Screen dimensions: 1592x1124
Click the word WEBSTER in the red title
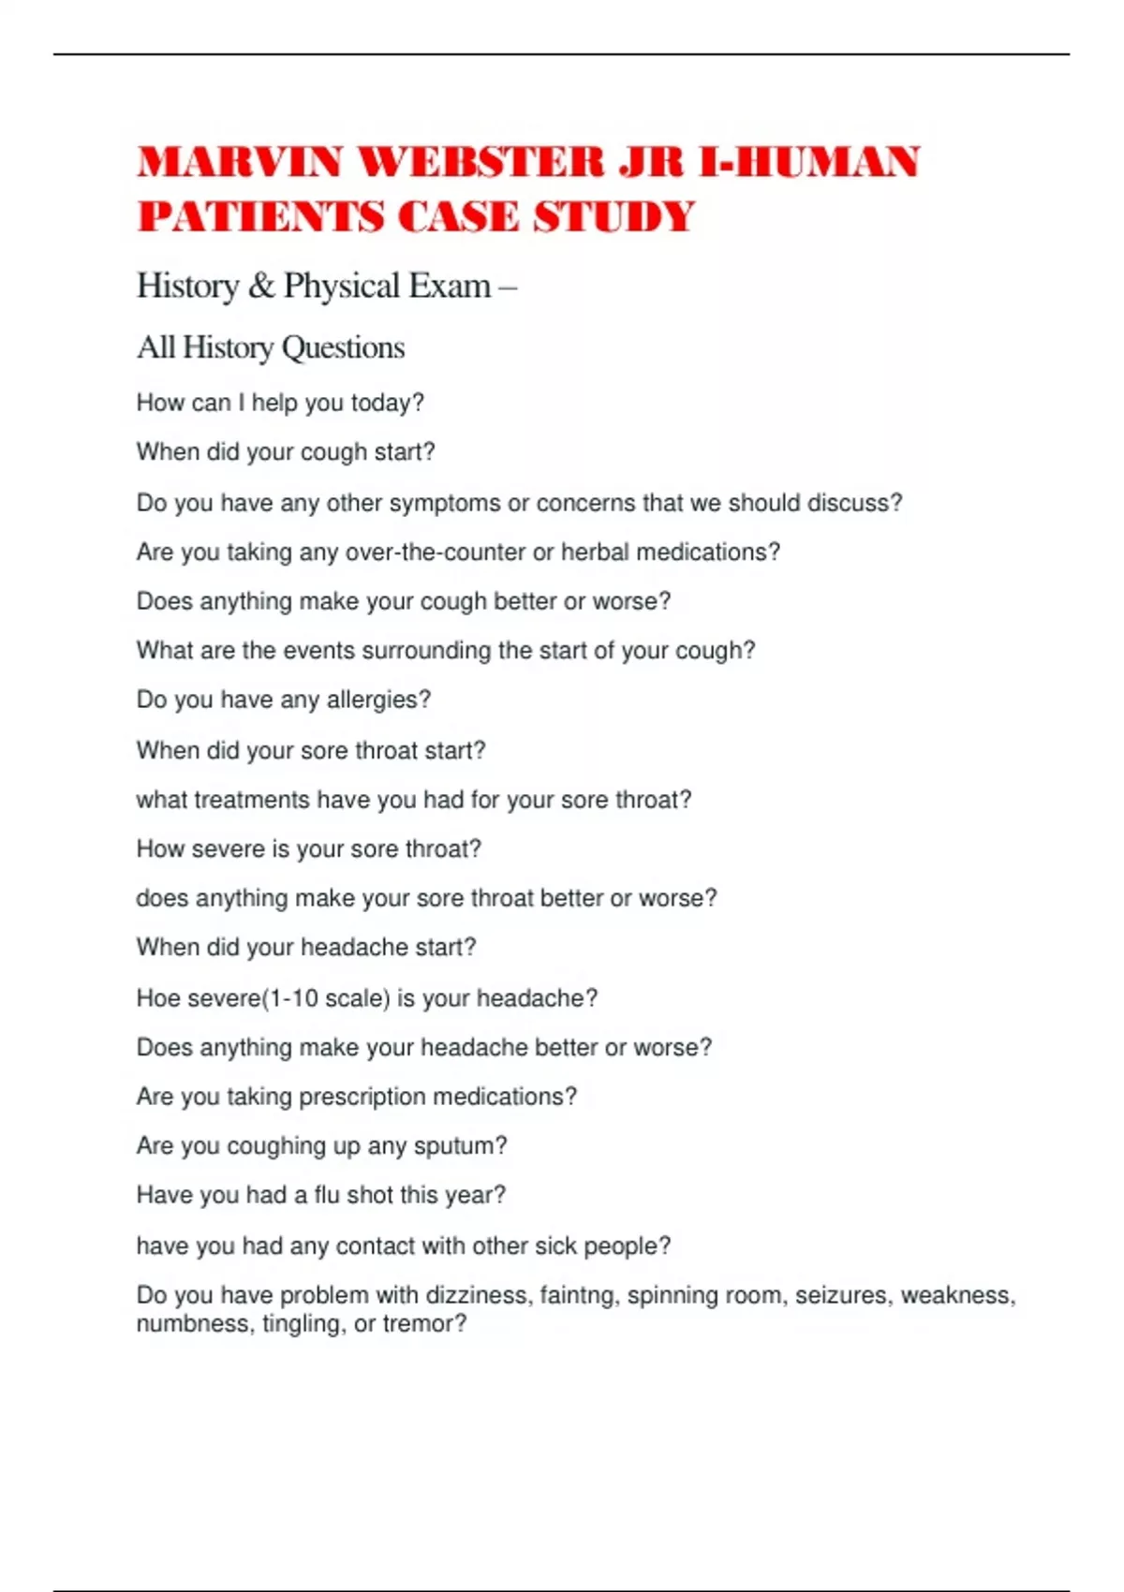[x=481, y=163]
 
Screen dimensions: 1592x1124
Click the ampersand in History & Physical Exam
[x=261, y=286]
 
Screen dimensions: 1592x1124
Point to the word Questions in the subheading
[x=343, y=347]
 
